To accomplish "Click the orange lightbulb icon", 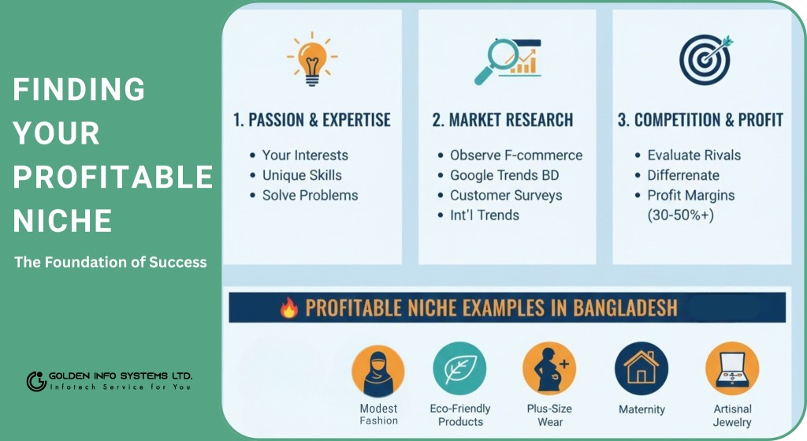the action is point(312,58).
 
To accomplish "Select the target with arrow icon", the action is point(705,59).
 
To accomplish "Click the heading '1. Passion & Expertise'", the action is point(312,120).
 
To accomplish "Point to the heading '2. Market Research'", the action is point(502,120).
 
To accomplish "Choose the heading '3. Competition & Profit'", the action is point(701,120).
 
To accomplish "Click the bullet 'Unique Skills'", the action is point(302,175).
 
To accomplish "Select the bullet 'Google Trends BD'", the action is point(504,175).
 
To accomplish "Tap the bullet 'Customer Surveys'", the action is point(506,196).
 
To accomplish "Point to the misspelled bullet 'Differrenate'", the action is point(683,175).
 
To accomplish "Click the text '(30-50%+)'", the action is point(680,215).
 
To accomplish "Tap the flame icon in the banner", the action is point(288,308).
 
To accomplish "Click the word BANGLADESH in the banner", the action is point(625,308).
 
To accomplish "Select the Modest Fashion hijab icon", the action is point(378,371).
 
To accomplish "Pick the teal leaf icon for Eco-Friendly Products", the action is point(459,368).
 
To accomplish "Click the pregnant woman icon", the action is point(549,368).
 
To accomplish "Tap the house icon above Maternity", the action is point(642,368).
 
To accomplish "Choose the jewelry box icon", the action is point(732,368).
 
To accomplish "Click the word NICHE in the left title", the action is point(62,221).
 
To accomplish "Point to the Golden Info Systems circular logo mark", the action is point(36,381).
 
